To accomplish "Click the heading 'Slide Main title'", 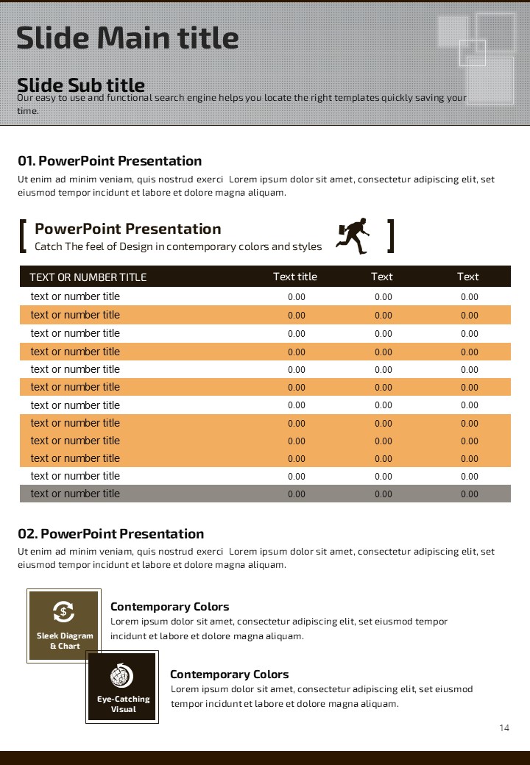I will (127, 37).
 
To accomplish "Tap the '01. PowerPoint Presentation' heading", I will (110, 161).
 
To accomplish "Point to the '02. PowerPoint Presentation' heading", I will (111, 534).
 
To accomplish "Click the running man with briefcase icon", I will (353, 236).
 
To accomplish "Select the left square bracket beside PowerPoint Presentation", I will (24, 236).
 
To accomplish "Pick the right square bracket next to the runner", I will (391, 236).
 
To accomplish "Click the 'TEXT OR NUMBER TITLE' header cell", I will (88, 277).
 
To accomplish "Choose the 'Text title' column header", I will (295, 277).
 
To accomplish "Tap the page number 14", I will (504, 728).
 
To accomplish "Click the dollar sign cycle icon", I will (63, 611).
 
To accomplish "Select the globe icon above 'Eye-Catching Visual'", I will (121, 675).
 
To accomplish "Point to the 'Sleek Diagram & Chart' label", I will (65, 641).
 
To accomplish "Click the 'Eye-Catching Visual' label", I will (123, 704).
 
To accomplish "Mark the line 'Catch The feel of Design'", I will (178, 246).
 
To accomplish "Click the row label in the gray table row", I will (75, 494).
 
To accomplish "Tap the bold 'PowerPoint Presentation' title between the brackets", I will (128, 229).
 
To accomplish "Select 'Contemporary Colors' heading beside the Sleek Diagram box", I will (170, 607).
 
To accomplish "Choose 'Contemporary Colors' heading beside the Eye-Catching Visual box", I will (230, 675).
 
